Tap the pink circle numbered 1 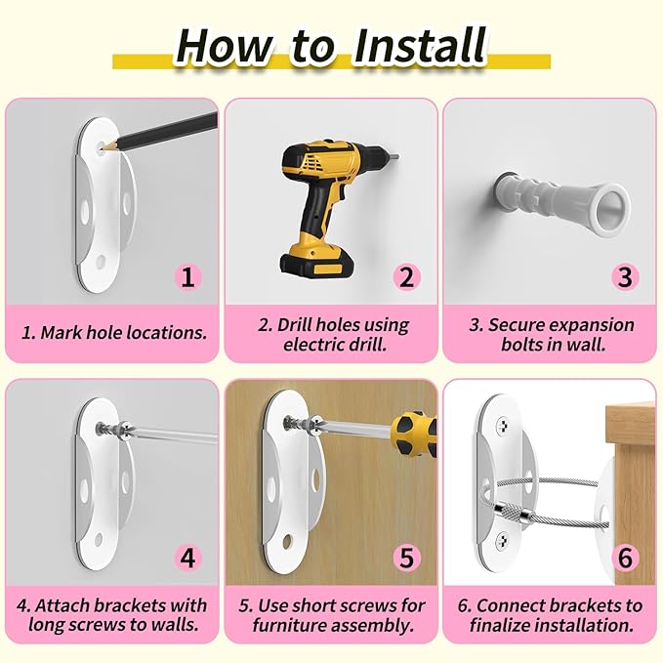pos(189,276)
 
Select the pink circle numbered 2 pos(407,276)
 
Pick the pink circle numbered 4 pos(189,559)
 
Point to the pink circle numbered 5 pos(407,559)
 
